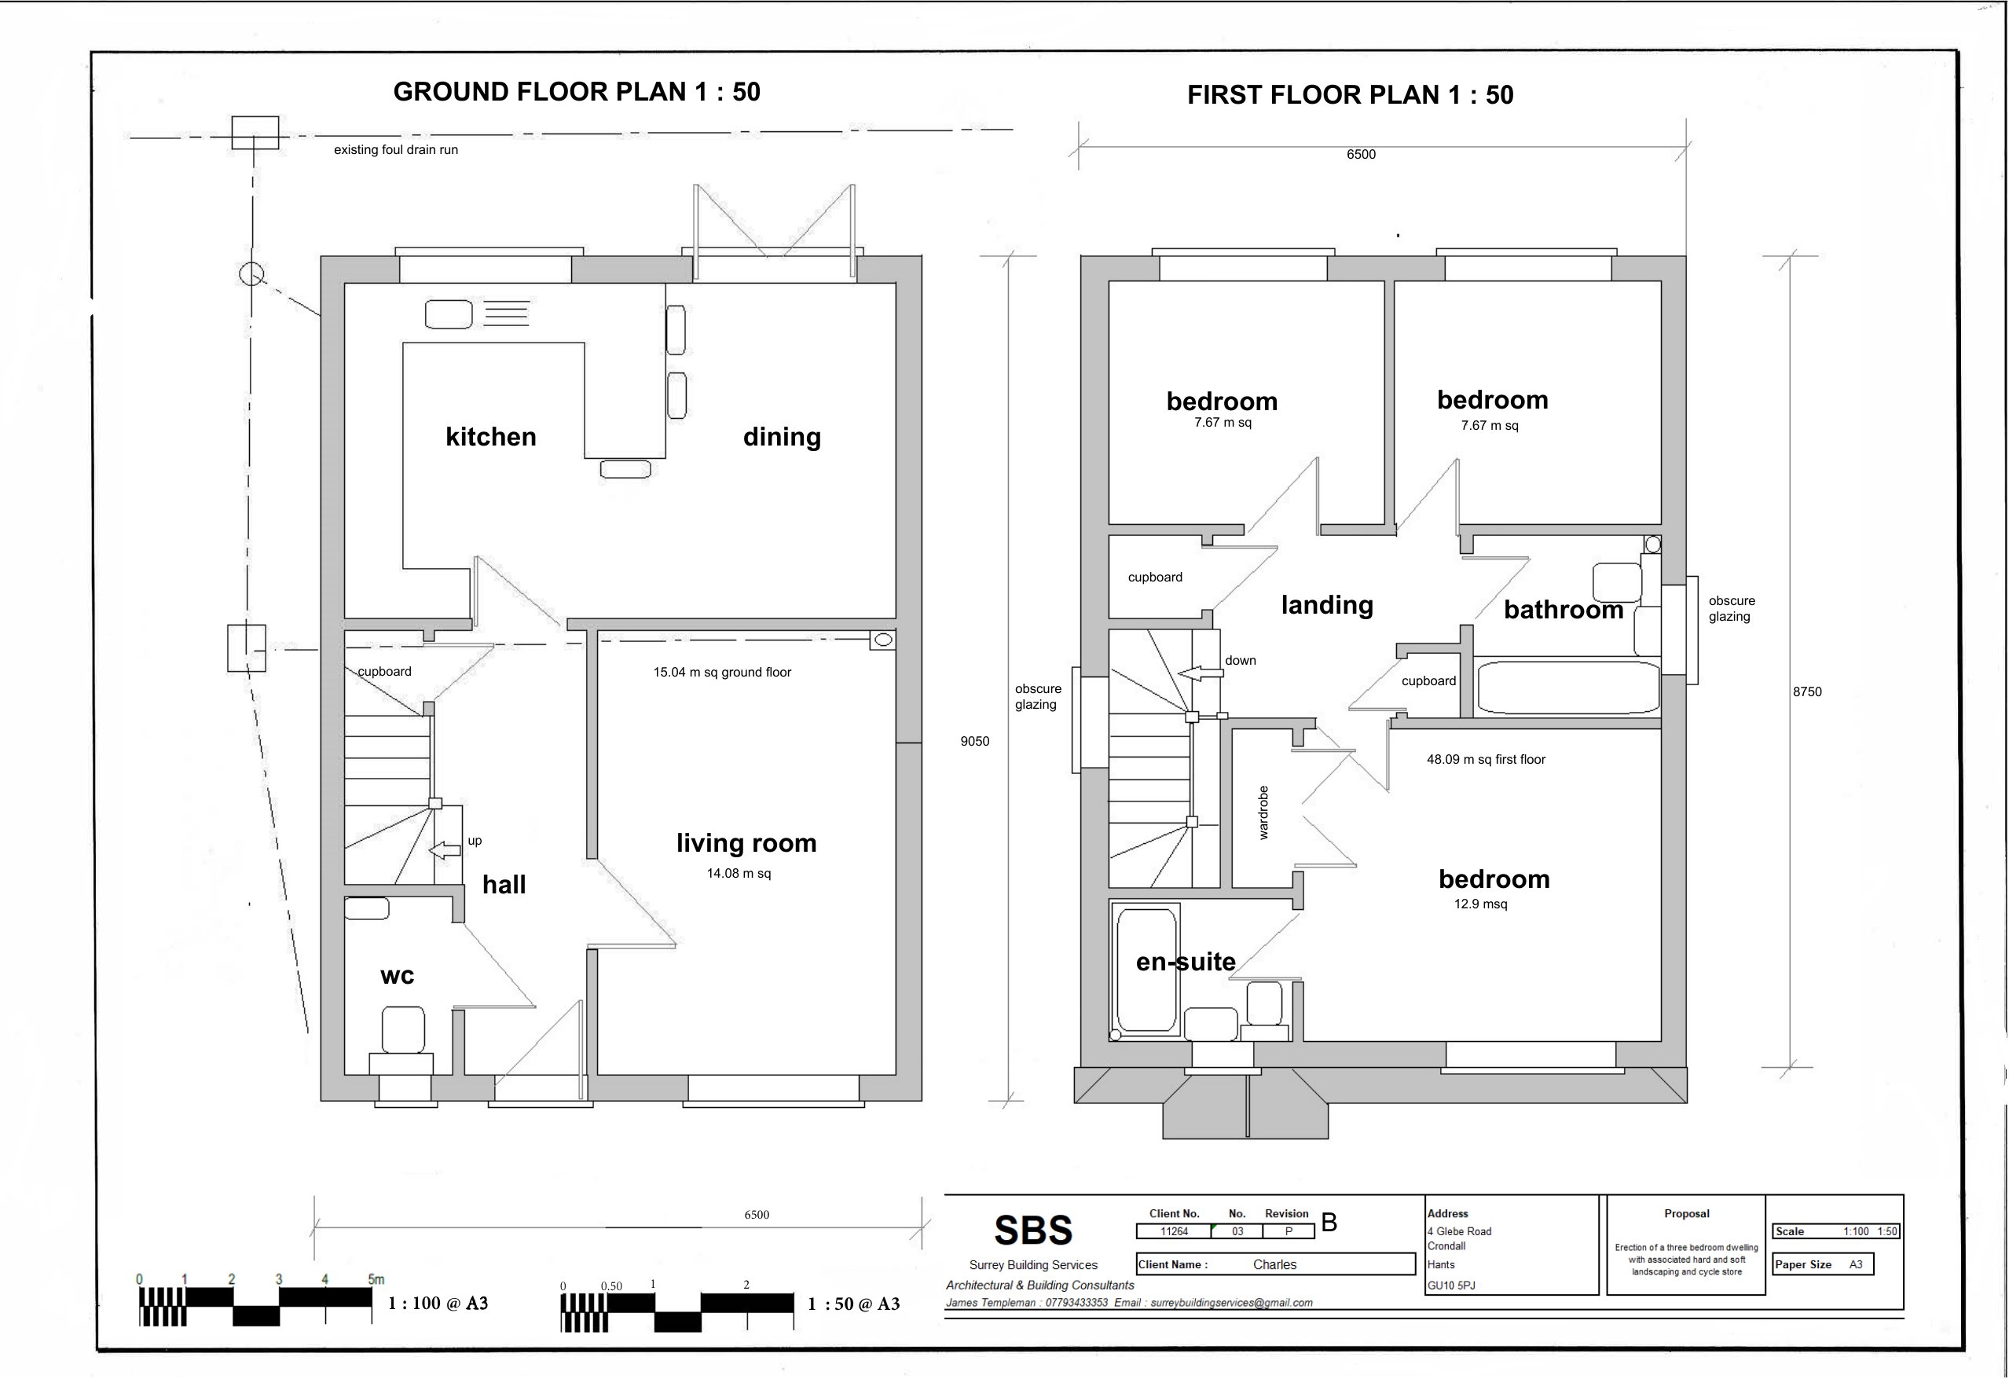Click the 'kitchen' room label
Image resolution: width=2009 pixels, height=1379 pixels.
[x=491, y=437]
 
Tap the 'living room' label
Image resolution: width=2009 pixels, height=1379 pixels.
[x=746, y=844]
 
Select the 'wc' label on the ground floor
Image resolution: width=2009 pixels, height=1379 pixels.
[x=398, y=976]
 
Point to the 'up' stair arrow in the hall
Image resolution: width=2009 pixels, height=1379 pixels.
[x=445, y=851]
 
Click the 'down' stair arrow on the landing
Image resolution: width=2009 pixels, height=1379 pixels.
[x=1202, y=673]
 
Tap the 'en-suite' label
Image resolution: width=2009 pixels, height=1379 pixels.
[x=1185, y=963]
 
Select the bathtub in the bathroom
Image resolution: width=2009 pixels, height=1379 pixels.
[x=1568, y=688]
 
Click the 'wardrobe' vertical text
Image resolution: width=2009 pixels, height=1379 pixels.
[x=1264, y=812]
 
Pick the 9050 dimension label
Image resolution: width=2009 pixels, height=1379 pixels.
[x=975, y=741]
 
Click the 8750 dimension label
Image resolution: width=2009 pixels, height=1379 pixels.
[x=1807, y=691]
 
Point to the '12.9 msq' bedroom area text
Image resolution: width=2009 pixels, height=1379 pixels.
[x=1481, y=904]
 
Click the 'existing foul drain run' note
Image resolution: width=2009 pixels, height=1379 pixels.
[x=396, y=149]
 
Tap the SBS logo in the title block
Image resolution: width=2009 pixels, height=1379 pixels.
[x=1033, y=1230]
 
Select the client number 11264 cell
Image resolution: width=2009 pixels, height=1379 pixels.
[x=1174, y=1232]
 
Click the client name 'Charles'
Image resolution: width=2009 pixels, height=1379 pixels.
[x=1275, y=1264]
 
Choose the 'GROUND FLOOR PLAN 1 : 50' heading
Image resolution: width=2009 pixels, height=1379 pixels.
[x=577, y=92]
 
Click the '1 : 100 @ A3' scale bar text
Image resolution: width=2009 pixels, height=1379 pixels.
[x=438, y=1303]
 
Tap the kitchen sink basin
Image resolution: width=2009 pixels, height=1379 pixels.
[x=449, y=314]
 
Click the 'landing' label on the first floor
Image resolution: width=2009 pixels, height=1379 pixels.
[x=1327, y=605]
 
